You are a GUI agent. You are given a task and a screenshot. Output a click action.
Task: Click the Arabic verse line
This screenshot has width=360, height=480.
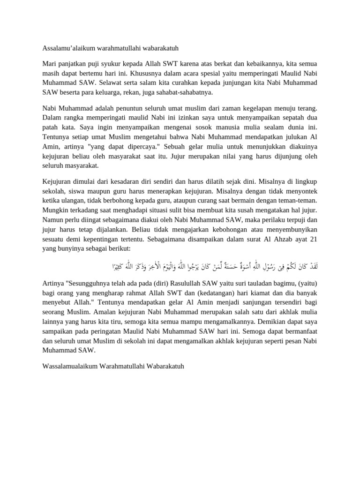click(x=220, y=266)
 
